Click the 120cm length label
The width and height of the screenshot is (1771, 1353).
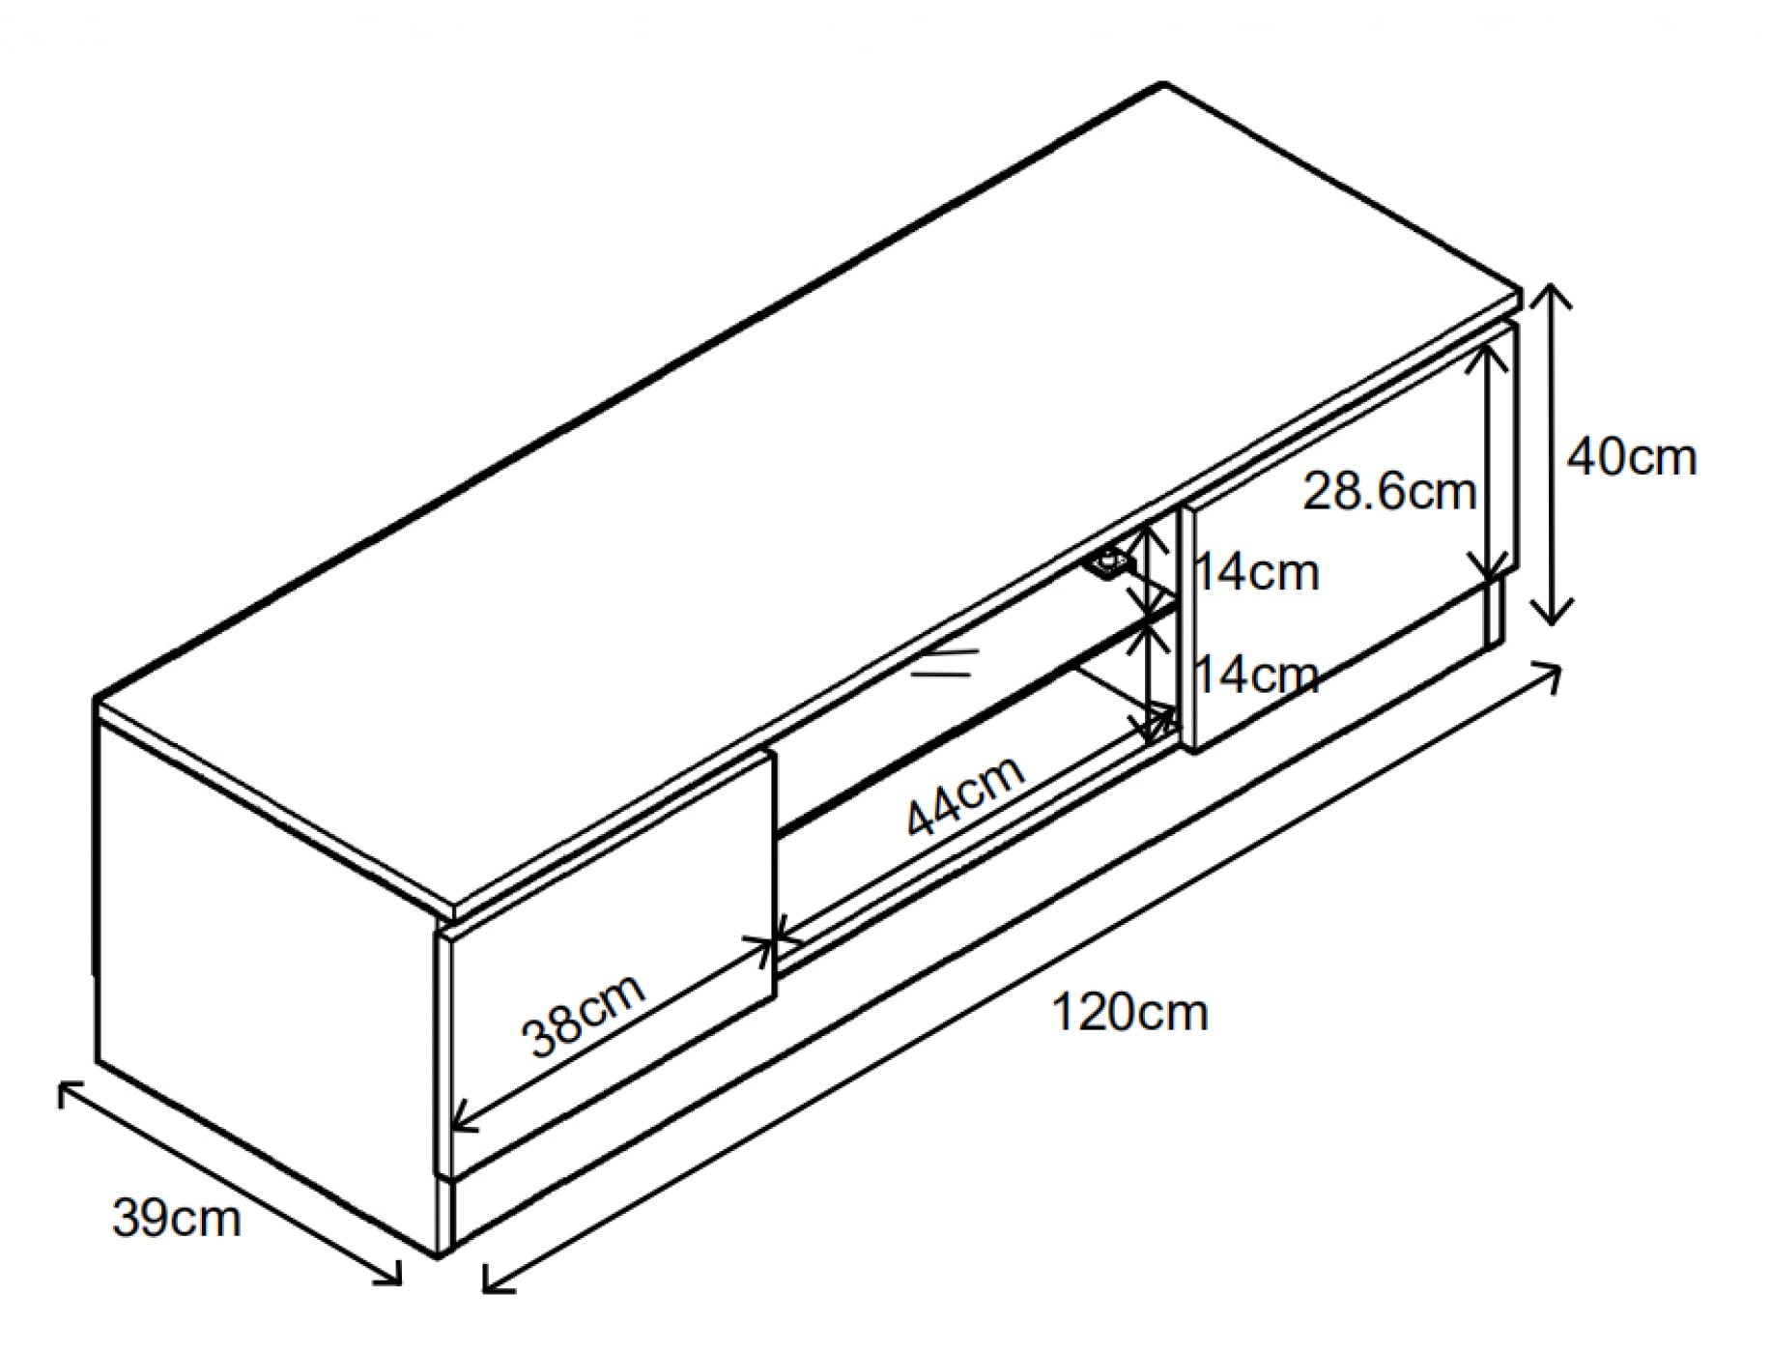click(1128, 1014)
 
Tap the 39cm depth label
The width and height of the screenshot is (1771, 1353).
click(177, 1218)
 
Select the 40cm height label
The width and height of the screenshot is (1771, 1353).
click(1631, 457)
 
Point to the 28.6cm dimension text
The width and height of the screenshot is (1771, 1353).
click(1389, 492)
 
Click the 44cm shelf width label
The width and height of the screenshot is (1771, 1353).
click(965, 794)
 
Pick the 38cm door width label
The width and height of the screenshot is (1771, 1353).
click(583, 1015)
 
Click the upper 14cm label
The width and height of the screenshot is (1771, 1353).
click(1257, 573)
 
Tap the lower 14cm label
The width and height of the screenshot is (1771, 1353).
click(1257, 674)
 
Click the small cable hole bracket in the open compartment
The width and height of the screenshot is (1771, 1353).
click(1108, 561)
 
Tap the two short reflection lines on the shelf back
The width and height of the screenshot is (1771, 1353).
click(944, 663)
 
